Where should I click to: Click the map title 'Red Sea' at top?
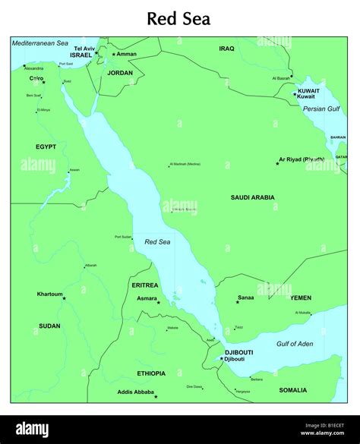coord(178,18)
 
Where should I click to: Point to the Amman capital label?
coord(125,54)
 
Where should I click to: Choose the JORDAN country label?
coord(120,73)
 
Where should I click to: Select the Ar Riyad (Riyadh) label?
coord(302,159)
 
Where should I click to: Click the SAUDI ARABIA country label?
coord(253,197)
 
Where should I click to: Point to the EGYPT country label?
coord(46,146)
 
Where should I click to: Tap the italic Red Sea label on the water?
coord(156,242)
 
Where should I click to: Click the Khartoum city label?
coord(50,294)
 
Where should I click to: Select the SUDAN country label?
coord(49,326)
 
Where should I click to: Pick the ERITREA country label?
coord(145,285)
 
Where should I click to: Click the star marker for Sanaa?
coord(237,302)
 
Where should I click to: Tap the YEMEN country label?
coord(301,298)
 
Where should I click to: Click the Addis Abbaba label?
coord(134,392)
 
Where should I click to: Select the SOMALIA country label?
coord(292,390)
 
